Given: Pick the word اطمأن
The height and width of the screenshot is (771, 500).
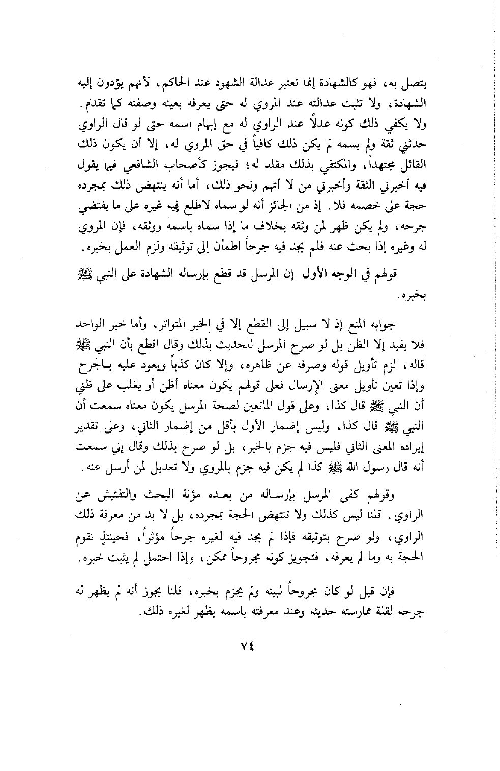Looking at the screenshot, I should coord(198,252).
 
